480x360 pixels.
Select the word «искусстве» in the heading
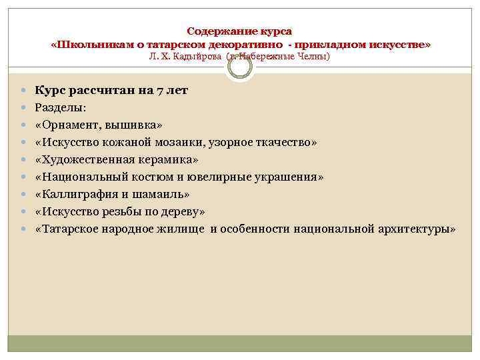pos(399,44)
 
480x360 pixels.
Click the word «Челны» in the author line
pos(314,57)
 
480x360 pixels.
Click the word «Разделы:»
pos(57,107)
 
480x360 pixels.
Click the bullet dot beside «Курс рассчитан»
pos(23,91)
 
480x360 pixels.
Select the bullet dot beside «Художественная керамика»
pos(23,159)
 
